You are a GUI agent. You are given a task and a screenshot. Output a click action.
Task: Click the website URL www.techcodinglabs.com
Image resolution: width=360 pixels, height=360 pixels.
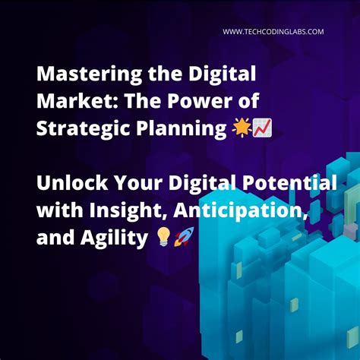(x=273, y=31)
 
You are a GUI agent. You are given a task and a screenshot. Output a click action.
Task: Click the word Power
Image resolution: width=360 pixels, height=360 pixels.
(x=186, y=102)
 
